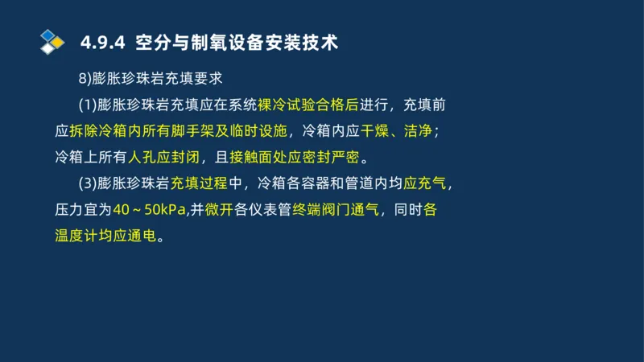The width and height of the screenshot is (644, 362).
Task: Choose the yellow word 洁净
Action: tap(422, 131)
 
